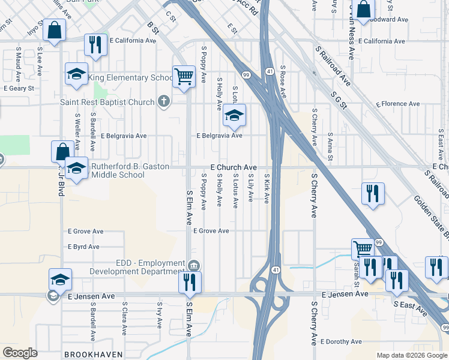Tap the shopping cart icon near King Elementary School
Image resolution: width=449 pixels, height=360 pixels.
[x=184, y=76]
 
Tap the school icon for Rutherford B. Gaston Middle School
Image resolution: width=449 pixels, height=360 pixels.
[x=76, y=168]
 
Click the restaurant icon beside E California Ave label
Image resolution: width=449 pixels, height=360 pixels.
[x=95, y=44]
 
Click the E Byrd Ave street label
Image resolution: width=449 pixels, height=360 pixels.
[x=84, y=247]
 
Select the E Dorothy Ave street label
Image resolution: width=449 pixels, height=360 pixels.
[x=341, y=341]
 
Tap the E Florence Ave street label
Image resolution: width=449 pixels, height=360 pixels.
[x=398, y=104]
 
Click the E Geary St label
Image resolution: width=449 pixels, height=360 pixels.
[x=19, y=88]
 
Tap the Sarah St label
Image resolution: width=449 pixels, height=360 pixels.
[x=356, y=259]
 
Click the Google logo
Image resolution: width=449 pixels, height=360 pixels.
[x=20, y=353]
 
